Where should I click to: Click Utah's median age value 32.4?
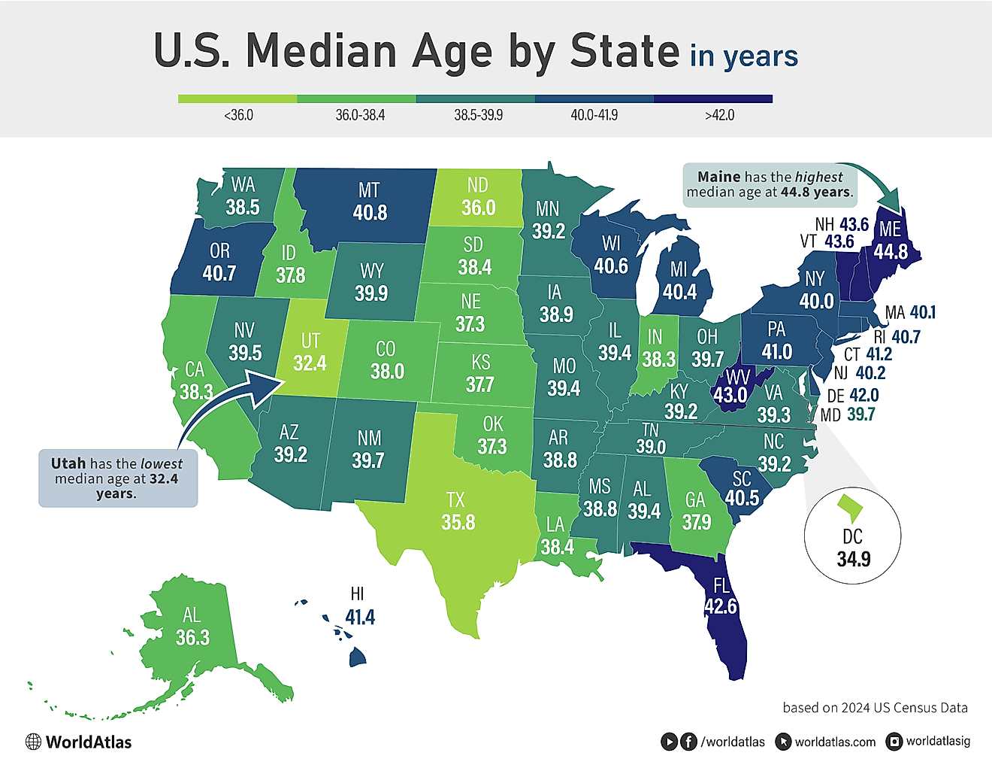coord(310,363)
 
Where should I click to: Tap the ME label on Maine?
coord(890,229)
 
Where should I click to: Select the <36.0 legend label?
coord(238,115)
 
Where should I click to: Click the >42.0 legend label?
coord(719,115)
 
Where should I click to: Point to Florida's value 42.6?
coord(720,606)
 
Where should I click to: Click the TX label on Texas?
coord(455,499)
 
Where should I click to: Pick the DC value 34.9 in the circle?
coord(853,559)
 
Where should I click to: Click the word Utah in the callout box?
coord(68,463)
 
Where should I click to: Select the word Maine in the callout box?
coord(718,177)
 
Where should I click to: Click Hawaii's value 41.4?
coord(360,618)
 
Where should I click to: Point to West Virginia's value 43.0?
coord(730,395)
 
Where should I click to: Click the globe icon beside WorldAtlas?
coord(33,742)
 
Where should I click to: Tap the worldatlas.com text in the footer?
coord(835,742)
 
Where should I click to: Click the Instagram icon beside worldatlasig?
coord(894,742)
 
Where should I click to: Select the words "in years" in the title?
coord(743,56)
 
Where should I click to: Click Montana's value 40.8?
coord(370,213)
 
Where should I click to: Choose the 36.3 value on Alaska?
coord(192,638)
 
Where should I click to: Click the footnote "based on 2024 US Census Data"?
coord(875,708)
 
